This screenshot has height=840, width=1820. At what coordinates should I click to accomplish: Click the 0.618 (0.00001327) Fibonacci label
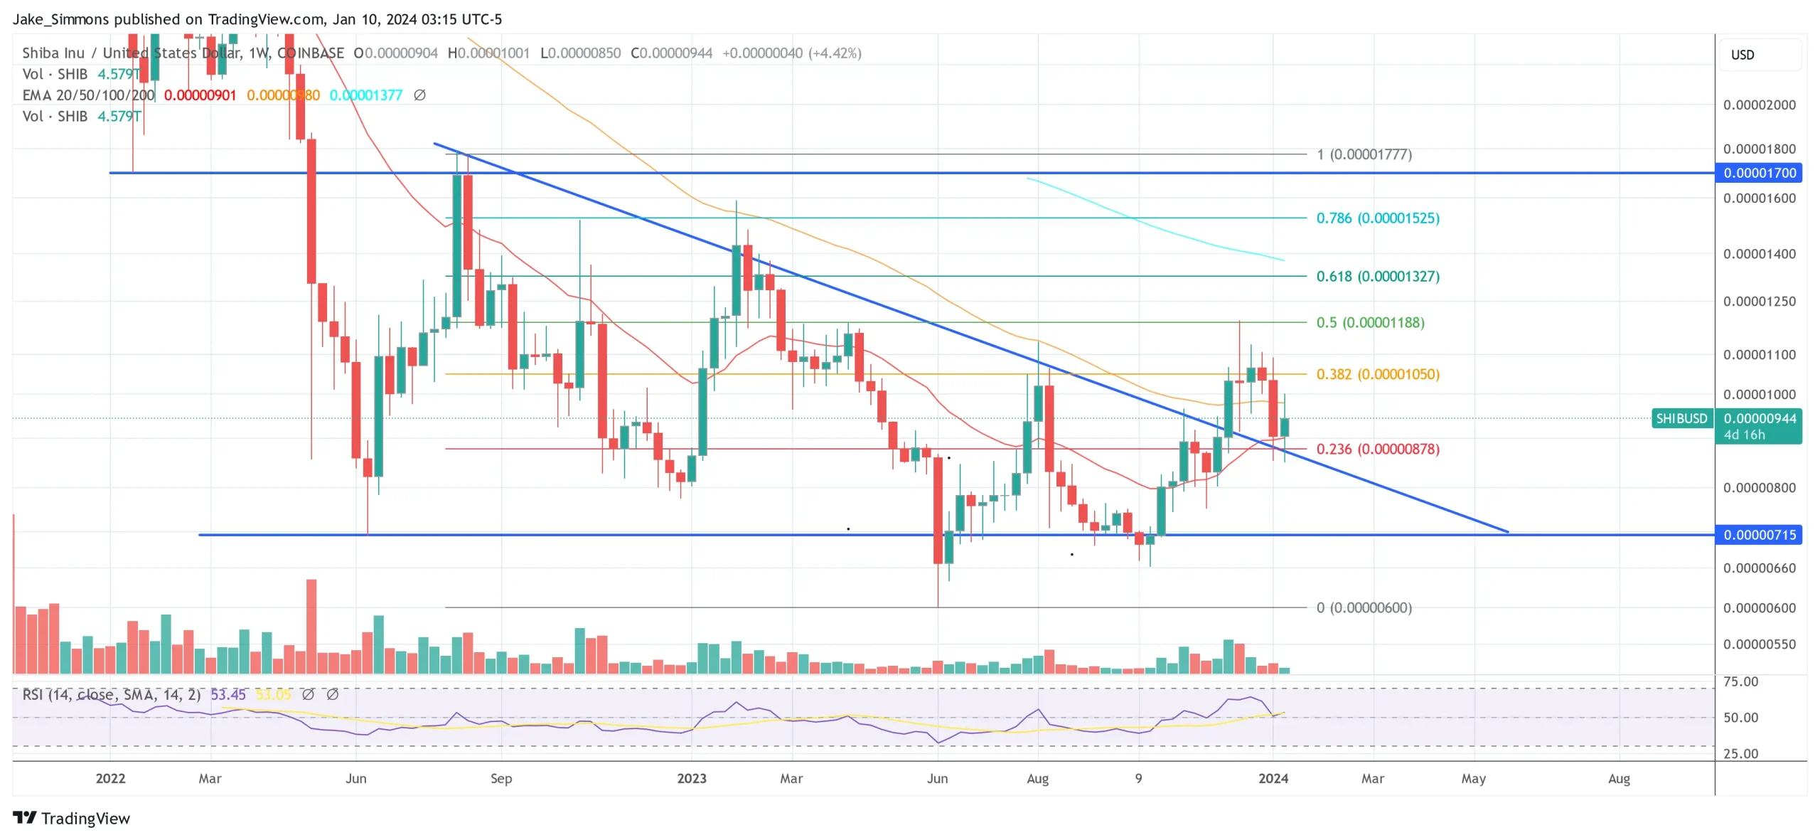click(x=1377, y=276)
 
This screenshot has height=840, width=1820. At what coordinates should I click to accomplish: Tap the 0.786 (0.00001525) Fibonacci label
click(x=1377, y=218)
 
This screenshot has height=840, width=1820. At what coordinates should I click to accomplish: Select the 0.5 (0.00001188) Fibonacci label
click(x=1370, y=322)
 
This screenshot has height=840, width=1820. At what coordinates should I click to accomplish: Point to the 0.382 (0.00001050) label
click(x=1377, y=374)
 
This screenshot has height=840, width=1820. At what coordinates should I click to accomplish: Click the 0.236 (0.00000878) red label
click(x=1377, y=449)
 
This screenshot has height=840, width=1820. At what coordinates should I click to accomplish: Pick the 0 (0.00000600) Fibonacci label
click(x=1364, y=607)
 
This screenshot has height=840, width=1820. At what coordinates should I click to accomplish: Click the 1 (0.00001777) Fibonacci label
click(x=1364, y=154)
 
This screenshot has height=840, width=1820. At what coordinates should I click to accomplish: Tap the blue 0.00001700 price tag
click(x=1759, y=173)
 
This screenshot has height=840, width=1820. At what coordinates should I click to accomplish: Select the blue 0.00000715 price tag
click(x=1759, y=535)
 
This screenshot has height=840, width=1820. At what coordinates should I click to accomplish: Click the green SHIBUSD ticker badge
click(x=1681, y=418)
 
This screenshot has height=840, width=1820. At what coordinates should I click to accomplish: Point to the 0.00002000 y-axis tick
click(x=1759, y=105)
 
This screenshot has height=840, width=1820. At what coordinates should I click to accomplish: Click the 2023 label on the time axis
click(x=691, y=778)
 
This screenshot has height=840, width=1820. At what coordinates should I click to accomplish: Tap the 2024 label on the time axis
click(x=1273, y=778)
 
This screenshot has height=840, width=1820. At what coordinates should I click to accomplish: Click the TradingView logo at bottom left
click(x=71, y=818)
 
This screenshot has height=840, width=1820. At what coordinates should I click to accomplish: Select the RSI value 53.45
click(x=227, y=694)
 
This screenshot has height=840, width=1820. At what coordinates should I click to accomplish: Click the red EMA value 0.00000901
click(x=200, y=95)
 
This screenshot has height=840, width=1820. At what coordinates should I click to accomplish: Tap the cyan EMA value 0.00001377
click(x=365, y=95)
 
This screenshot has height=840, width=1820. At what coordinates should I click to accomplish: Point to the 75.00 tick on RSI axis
click(x=1740, y=681)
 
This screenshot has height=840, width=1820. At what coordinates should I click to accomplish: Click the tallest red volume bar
click(x=311, y=626)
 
